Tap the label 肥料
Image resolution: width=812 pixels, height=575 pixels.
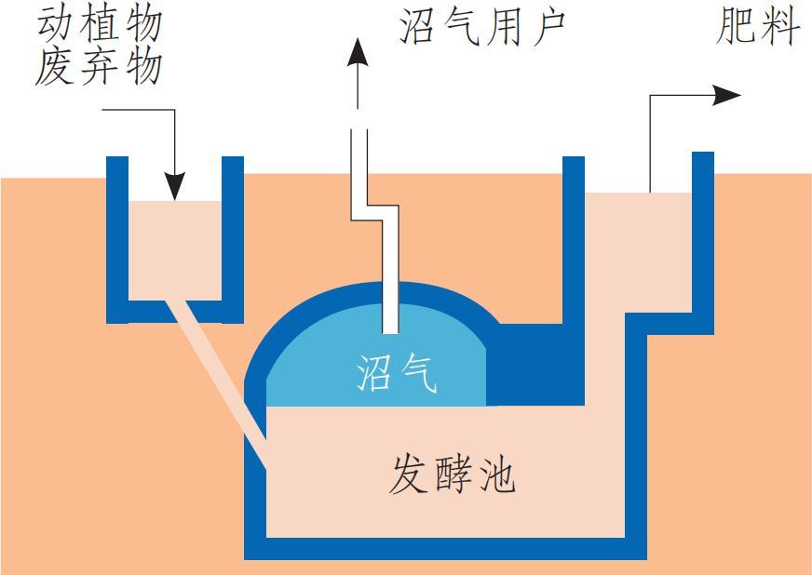pyautogui.click(x=758, y=28)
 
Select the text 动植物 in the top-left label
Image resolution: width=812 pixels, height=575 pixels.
pyautogui.click(x=100, y=24)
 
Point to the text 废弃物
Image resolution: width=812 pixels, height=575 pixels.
pyautogui.click(x=100, y=67)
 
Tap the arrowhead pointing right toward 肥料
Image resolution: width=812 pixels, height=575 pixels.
pyautogui.click(x=727, y=95)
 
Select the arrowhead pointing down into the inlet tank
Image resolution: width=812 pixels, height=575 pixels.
pyautogui.click(x=174, y=185)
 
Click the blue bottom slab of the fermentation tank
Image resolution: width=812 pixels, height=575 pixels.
pyautogui.click(x=447, y=549)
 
